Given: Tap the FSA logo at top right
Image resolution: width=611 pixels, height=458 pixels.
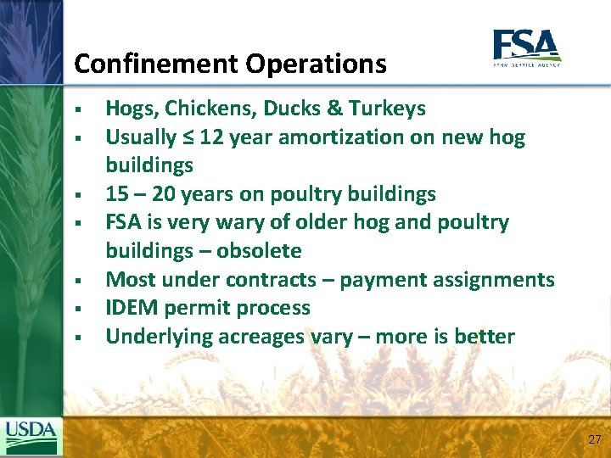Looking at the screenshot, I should click(x=526, y=47).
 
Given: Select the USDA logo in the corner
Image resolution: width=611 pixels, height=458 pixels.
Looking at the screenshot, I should click(x=31, y=437).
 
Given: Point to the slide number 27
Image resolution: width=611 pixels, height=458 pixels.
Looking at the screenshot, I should click(x=594, y=439).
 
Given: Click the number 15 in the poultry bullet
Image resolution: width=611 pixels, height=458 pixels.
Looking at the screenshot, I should click(x=117, y=194).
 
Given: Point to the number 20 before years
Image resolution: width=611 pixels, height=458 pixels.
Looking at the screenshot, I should click(x=164, y=194).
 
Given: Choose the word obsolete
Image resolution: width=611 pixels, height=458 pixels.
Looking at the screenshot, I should click(x=259, y=251).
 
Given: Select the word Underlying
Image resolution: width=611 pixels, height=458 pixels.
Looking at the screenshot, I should click(x=159, y=337).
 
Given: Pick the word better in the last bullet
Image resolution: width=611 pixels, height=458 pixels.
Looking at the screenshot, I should click(x=484, y=337).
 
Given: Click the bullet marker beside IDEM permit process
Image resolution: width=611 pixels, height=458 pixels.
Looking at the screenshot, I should click(x=76, y=309).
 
